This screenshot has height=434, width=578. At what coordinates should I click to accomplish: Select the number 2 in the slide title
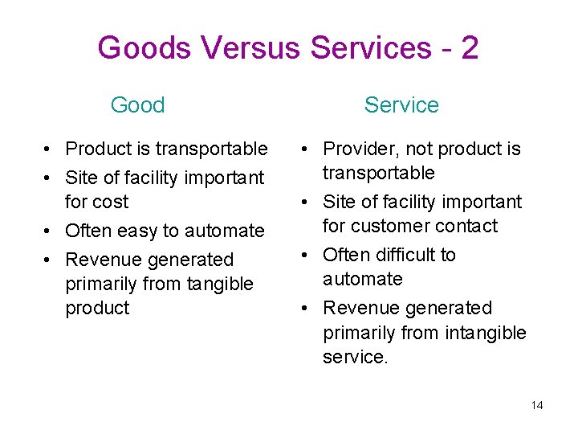coord(470,48)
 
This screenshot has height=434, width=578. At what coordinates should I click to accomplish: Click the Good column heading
coord(137,104)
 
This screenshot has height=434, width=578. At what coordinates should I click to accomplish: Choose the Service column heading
coord(401,104)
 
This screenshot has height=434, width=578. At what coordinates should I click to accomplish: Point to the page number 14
coord(537,405)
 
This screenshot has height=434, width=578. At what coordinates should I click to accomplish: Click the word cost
coord(111,202)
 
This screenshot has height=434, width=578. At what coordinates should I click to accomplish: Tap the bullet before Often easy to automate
coord(50,231)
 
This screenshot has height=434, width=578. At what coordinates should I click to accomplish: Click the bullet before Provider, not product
coord(307,149)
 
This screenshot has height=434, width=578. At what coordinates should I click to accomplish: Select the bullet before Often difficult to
coord(307,255)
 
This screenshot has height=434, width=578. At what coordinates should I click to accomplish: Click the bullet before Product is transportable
coord(50,149)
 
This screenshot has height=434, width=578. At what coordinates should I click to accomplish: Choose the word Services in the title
coord(370,48)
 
